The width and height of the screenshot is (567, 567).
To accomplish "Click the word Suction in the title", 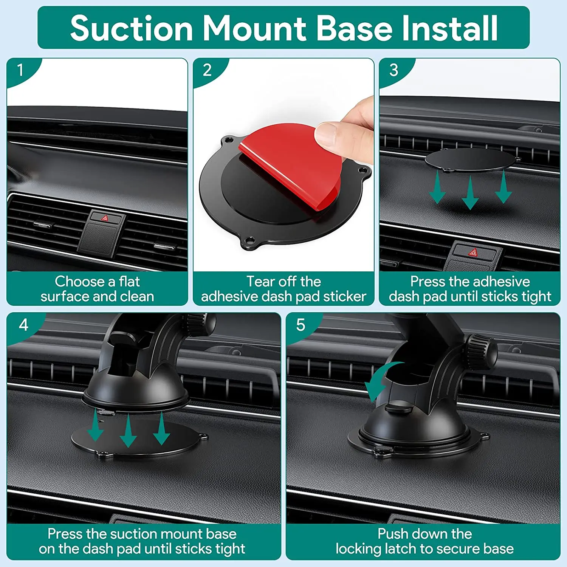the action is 132,28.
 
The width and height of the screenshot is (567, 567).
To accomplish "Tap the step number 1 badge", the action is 20,70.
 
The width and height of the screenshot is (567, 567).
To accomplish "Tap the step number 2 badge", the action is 207,70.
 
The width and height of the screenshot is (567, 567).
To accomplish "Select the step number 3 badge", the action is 394,70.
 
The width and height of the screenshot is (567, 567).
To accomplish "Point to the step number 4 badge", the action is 23,325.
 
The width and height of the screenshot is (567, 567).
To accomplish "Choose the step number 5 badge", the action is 301,325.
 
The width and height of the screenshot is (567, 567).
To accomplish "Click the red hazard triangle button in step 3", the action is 473,252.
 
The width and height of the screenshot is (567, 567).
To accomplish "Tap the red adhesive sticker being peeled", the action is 291,166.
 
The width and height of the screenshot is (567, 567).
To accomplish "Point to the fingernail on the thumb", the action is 326,135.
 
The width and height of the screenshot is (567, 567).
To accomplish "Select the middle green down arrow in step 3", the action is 470,193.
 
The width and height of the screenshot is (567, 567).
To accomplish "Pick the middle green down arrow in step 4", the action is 128,431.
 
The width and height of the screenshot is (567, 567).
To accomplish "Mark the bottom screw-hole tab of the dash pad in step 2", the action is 250,241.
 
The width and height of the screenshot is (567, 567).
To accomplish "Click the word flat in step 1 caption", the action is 129,281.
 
